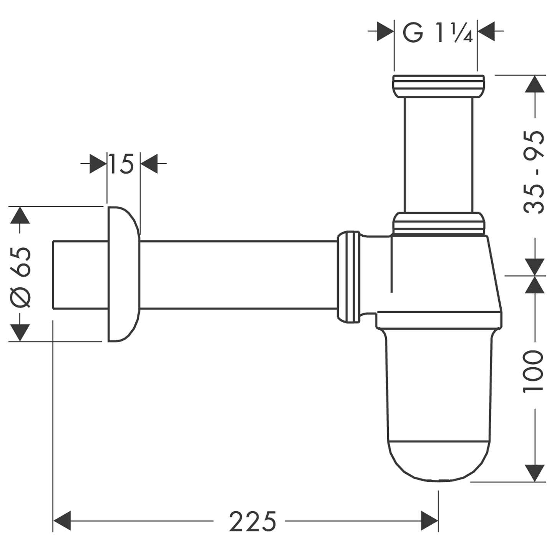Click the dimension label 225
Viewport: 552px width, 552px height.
click(x=252, y=521)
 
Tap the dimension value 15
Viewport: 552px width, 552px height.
click(x=121, y=164)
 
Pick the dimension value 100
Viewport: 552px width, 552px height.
click(x=534, y=371)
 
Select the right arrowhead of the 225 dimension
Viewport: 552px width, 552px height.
click(x=429, y=521)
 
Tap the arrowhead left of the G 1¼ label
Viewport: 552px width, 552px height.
click(x=385, y=31)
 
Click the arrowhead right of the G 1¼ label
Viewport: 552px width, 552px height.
click(x=486, y=31)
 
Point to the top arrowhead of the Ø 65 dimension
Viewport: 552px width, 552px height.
click(x=19, y=215)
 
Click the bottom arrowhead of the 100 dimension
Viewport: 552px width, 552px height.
click(x=535, y=473)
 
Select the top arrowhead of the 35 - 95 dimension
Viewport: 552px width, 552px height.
click(x=535, y=84)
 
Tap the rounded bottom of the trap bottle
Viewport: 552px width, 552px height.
click(x=438, y=461)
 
